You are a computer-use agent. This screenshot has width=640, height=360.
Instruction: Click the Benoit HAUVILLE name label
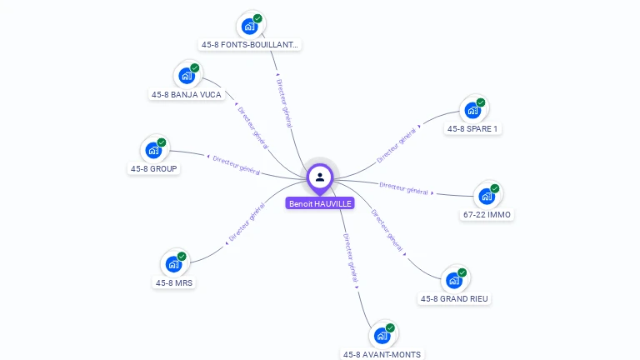tap(320, 203)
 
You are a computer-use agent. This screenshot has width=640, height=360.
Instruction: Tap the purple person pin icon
tap(320, 177)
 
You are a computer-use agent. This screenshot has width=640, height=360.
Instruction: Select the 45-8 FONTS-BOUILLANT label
tap(249, 45)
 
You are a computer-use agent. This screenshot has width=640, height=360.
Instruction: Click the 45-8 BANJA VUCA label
tap(187, 94)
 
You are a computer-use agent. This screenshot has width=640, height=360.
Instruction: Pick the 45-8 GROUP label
tap(154, 168)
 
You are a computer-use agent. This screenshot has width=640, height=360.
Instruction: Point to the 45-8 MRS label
tap(174, 282)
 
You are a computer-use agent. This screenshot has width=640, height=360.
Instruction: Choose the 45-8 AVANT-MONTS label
tap(382, 354)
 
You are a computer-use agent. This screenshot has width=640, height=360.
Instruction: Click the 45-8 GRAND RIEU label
tap(454, 298)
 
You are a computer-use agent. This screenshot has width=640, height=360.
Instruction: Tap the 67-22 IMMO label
tap(487, 215)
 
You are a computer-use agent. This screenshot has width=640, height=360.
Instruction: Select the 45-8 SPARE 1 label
tap(472, 129)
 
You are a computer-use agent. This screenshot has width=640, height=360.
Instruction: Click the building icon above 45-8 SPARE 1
tap(472, 110)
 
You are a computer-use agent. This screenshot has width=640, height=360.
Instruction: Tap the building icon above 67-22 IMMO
tap(486, 197)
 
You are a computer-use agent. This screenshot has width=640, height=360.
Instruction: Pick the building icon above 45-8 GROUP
tap(153, 150)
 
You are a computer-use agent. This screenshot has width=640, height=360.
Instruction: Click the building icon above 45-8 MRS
tap(173, 264)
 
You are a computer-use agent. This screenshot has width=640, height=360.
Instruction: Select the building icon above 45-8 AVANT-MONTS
tap(382, 336)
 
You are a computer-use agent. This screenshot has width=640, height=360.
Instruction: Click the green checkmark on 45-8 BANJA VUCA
tap(195, 67)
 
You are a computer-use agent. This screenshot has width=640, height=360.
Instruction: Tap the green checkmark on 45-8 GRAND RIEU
tap(462, 272)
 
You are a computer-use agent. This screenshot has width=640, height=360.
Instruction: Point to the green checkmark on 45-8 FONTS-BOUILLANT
tap(257, 18)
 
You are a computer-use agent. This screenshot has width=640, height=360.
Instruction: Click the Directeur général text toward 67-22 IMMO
tap(403, 187)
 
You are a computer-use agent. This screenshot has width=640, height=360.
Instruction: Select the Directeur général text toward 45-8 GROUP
tap(237, 164)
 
